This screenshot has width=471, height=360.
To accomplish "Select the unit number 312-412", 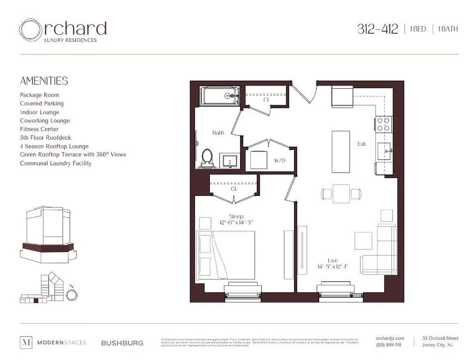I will [377, 29].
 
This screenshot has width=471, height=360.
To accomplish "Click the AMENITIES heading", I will [44, 81].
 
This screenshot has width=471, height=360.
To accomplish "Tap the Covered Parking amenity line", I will [41, 103].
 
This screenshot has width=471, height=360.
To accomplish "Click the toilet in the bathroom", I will [207, 158].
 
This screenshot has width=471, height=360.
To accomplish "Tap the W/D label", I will [280, 160].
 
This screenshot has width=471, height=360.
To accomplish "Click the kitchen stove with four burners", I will [383, 124].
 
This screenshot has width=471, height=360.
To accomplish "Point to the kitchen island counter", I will [340, 151].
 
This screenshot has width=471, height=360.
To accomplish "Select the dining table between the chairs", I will [341, 194].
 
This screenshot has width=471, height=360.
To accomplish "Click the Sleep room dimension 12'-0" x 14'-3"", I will [236, 223].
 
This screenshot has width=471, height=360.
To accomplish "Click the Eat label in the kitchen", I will [362, 144].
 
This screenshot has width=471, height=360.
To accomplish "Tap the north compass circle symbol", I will [72, 294].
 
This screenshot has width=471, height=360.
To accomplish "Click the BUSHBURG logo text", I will [122, 343].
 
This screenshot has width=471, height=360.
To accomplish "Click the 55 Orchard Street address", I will [440, 338].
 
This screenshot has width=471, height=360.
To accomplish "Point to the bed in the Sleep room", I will [226, 255].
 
